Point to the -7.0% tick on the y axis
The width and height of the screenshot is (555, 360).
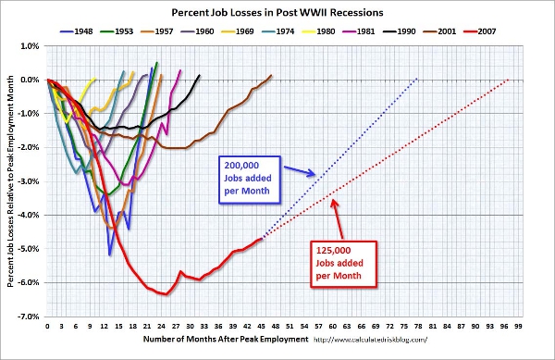point(30,316)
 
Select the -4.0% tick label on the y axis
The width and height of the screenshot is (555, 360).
point(30,215)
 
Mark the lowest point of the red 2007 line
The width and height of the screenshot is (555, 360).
point(166,294)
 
